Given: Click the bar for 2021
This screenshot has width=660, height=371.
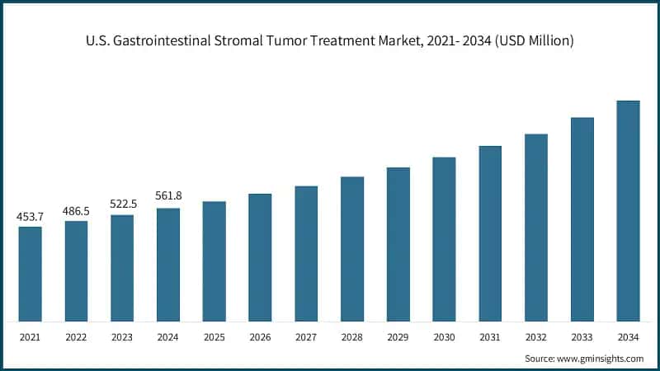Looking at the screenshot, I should tap(30, 274).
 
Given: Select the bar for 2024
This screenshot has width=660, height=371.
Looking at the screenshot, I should tap(168, 265).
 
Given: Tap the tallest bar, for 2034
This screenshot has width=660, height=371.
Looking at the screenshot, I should tap(628, 211).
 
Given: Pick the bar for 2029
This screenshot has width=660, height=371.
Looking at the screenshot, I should tap(398, 244).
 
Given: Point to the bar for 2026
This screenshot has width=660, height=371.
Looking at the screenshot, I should tap(260, 257).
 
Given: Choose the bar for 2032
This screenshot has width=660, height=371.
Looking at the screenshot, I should tap(536, 228).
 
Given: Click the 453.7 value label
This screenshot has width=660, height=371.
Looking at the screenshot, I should tap(30, 217).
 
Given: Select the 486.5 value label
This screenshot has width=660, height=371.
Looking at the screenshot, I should tap(76, 211).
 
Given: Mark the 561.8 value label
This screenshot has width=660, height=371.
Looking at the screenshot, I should tap(168, 196).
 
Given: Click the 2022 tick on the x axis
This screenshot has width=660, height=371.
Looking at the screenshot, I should tap(76, 336).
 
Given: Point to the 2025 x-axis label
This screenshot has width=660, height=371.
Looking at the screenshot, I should tap(214, 336).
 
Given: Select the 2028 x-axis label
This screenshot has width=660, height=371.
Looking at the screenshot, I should tap(352, 336).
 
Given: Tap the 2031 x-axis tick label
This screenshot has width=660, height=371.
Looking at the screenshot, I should tap(490, 336).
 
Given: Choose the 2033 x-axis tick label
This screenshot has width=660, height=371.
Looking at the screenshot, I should tap(582, 336).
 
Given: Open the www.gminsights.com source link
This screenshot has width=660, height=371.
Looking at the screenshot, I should tap(601, 359).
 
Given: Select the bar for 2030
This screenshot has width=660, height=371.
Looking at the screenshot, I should tap(444, 239).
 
